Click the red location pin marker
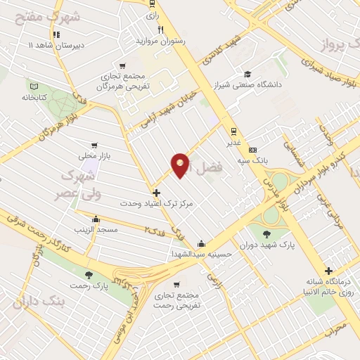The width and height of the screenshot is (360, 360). pos(181,165)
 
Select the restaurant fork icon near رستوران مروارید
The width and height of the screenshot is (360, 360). pos(161,30)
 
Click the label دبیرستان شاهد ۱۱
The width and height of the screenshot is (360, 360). pos(55,44)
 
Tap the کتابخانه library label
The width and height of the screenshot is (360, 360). pos(32,97)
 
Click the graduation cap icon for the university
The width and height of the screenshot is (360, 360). pos(247,74)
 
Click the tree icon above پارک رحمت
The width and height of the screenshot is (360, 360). pos(89,275)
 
